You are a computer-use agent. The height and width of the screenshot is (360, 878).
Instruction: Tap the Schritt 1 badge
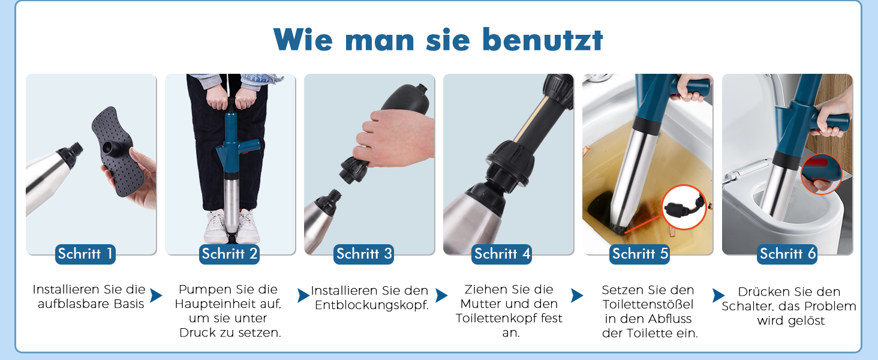(x=85, y=254)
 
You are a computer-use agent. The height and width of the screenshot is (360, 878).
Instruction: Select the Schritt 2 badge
(x=229, y=254)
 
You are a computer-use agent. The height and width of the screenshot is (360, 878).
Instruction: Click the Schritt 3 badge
(x=364, y=254)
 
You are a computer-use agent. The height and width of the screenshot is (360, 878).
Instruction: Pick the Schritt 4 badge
(x=502, y=254)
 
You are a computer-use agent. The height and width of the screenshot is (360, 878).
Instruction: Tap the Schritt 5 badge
(x=640, y=254)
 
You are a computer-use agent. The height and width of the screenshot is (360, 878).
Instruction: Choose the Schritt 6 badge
(x=787, y=254)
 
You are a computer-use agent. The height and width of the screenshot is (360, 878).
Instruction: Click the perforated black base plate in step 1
(x=117, y=151)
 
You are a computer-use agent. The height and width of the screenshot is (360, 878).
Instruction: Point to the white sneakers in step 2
(x=232, y=226)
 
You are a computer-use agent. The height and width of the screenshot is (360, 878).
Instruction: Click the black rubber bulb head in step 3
(x=405, y=100)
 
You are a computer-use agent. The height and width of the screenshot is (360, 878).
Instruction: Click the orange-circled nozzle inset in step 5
(x=684, y=207)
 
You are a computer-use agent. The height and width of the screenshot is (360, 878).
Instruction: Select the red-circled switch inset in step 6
(x=821, y=174)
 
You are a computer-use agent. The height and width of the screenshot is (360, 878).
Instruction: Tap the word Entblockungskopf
(x=372, y=305)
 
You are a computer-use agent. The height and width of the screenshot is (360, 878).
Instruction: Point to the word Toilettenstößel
(x=648, y=304)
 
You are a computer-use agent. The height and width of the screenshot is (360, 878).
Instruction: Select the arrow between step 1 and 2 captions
(x=155, y=295)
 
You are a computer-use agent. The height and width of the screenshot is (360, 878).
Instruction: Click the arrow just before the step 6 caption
(x=718, y=295)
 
